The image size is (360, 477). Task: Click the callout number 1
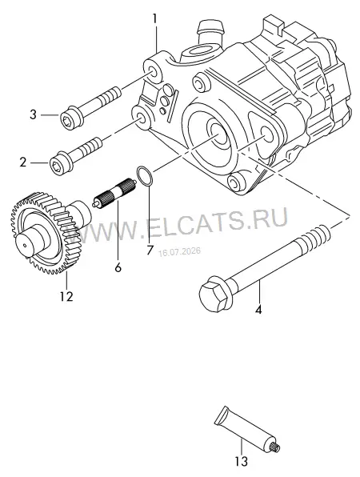pos(154,18)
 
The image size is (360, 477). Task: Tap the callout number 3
pos(33,114)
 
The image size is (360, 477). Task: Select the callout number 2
pos(23,162)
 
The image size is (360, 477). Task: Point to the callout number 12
pos(66,295)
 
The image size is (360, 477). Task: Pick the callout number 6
pos(118,267)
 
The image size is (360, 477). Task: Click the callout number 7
pos(150,250)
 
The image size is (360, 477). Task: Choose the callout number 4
pos(258,310)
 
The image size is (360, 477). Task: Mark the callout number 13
pos(241,462)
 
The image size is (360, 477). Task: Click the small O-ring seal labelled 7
pos(145,175)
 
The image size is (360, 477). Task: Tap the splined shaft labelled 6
pos(114,194)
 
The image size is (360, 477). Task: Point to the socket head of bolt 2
pos(61,163)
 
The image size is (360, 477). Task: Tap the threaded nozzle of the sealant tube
pos(276,447)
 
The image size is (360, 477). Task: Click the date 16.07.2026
pos(178,252)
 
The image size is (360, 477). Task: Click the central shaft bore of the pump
pos(217,133)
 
